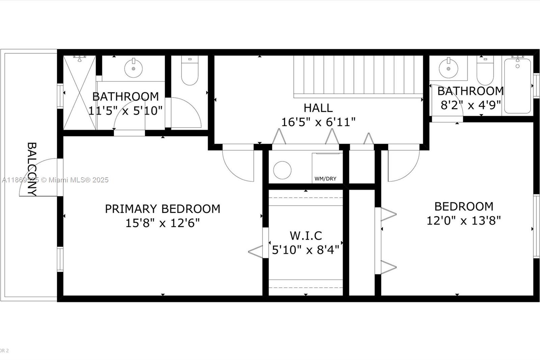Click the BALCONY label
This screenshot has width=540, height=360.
tap(32, 169)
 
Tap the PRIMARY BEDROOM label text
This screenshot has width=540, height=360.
tap(162, 209)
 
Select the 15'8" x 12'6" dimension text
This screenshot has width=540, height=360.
tap(162, 223)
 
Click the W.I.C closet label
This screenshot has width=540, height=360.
tap(306, 235)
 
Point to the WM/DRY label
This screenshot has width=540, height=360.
tap(325, 179)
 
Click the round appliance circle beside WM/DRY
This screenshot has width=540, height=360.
tap(282, 170)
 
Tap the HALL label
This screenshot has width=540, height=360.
tap(318, 108)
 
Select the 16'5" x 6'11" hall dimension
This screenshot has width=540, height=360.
tap(318, 122)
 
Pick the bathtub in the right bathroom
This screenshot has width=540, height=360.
tap(517, 86)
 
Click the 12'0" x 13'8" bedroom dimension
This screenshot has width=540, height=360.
tap(463, 221)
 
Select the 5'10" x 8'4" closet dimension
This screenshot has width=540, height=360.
tap(306, 250)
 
